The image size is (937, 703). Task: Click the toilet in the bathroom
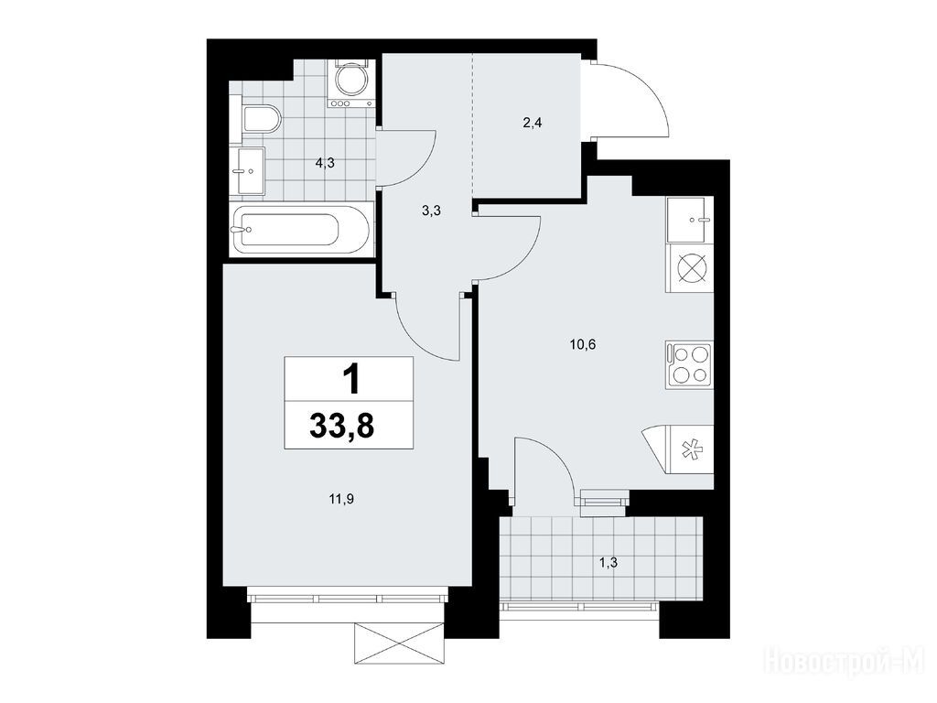point(262,120)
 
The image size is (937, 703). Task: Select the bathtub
point(301,229)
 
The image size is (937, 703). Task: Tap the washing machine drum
point(350,79)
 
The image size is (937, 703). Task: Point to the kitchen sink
point(690,220)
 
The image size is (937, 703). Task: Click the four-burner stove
point(690,364)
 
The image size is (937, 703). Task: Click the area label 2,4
point(532,124)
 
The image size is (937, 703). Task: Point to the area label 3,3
point(431,211)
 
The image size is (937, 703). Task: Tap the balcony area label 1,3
point(608,563)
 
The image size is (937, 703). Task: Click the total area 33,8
point(342,427)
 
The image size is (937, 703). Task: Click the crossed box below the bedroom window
point(400,644)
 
